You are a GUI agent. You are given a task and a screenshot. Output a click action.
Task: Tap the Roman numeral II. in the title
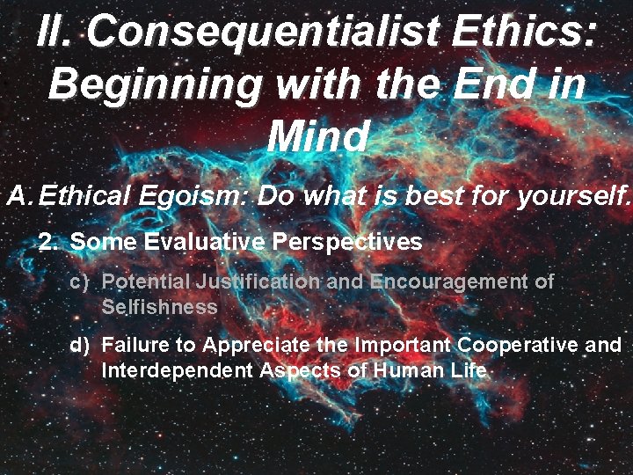tap(57, 33)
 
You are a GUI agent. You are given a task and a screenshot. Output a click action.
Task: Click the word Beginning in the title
tap(155, 84)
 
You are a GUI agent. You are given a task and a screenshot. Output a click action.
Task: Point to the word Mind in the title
tap(317, 136)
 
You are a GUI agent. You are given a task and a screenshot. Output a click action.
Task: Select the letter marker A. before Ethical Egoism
tap(19, 195)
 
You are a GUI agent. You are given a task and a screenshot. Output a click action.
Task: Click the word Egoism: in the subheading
tap(195, 195)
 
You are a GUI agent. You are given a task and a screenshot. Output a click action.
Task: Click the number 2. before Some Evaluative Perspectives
tap(49, 242)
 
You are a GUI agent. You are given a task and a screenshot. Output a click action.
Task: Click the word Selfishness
tap(159, 307)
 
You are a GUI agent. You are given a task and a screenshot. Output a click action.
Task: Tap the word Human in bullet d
tap(410, 370)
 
